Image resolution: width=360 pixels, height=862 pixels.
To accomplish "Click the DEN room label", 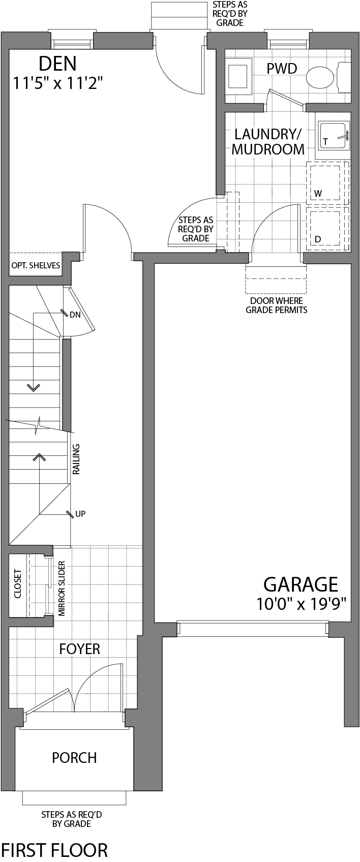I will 57,64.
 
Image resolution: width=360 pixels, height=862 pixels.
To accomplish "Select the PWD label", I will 282,69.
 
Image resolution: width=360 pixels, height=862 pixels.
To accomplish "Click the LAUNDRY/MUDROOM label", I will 268,142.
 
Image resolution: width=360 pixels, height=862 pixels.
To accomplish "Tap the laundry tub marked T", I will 334,136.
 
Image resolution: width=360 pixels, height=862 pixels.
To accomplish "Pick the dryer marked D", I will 325,228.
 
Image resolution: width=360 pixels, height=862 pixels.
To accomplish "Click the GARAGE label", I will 301,584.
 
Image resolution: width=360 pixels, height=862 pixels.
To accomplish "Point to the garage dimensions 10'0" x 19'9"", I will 302,604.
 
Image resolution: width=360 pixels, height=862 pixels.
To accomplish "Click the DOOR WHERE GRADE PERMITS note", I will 277,305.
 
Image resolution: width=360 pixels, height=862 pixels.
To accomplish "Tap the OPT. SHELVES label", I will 36,265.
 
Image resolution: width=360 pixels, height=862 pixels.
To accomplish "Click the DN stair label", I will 75,315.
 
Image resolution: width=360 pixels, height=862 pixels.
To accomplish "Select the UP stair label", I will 80,514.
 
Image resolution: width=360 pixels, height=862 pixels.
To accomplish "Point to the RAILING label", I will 76,459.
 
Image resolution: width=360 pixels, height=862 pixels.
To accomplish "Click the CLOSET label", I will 18,583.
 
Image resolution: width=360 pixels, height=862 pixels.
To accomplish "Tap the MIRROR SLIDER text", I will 62,589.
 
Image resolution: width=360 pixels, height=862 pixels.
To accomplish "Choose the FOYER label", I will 80,649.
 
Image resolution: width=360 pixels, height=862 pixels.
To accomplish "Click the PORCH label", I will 74,758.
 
